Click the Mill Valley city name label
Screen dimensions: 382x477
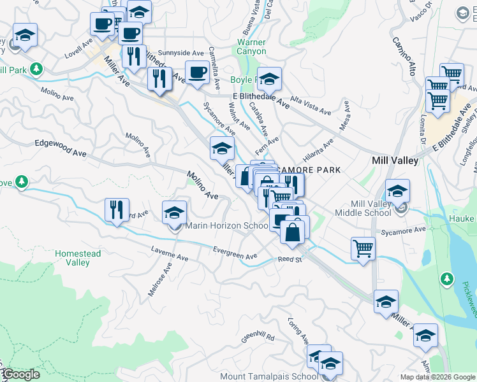pos(395,161)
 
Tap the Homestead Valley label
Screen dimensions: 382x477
pos(78,258)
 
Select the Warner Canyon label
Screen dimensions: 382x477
pos(251,46)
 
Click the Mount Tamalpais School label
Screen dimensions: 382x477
pos(268,376)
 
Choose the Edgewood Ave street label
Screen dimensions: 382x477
pos(61,149)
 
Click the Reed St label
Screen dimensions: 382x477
pos(289,259)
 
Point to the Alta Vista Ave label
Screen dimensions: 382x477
pos(311,104)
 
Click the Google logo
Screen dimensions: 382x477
pos(20,374)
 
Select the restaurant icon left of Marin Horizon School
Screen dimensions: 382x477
pos(117,209)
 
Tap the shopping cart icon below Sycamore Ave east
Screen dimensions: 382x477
pos(363,248)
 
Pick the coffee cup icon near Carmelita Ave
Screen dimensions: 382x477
pos(197,73)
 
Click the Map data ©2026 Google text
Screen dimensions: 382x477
pos(437,377)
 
